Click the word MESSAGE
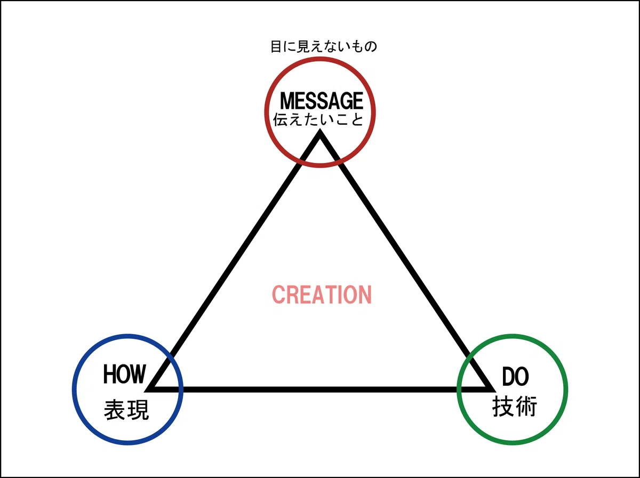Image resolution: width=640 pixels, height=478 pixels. click(321, 101)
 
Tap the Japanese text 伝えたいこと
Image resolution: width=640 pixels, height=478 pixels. click(318, 119)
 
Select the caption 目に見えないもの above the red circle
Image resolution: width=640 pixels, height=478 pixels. click(324, 46)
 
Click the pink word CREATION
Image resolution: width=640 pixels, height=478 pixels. click(322, 295)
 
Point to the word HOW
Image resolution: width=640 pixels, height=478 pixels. click(124, 374)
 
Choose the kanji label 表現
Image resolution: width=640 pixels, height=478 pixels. click(126, 410)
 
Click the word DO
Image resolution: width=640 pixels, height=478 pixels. click(515, 377)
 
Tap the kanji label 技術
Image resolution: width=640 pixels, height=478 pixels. click(515, 407)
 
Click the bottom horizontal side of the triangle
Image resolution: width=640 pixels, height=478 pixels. click(321, 390)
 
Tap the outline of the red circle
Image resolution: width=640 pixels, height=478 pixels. click(320, 58)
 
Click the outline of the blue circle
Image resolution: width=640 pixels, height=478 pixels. click(127, 336)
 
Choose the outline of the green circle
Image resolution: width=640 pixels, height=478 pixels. click(513, 336)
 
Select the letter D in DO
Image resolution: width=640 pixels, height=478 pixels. click(508, 377)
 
